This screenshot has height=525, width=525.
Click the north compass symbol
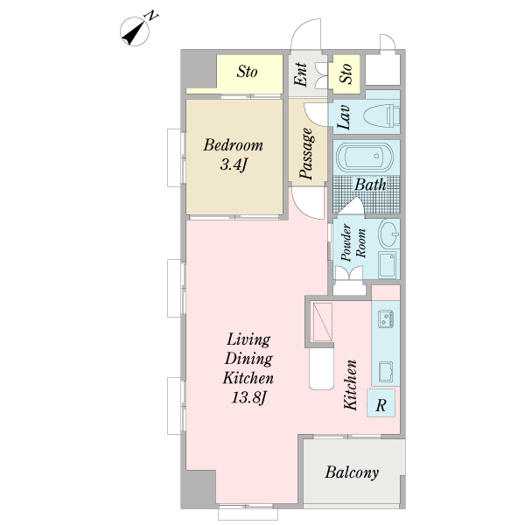135,31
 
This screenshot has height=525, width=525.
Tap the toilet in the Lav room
381,115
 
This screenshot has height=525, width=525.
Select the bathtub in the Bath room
364,157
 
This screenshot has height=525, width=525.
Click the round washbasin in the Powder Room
388,233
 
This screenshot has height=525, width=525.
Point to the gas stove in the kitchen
386,318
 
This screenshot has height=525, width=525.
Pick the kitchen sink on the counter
386,371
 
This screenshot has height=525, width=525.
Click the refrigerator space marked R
381,402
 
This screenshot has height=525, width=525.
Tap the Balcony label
352,472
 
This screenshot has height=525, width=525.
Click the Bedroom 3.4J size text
234,164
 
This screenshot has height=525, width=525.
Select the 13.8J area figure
248,398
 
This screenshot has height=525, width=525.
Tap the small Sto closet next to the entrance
346,73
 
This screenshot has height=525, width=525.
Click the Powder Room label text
353,242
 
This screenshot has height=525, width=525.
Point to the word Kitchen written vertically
351,385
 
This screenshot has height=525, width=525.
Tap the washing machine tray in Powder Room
388,265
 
